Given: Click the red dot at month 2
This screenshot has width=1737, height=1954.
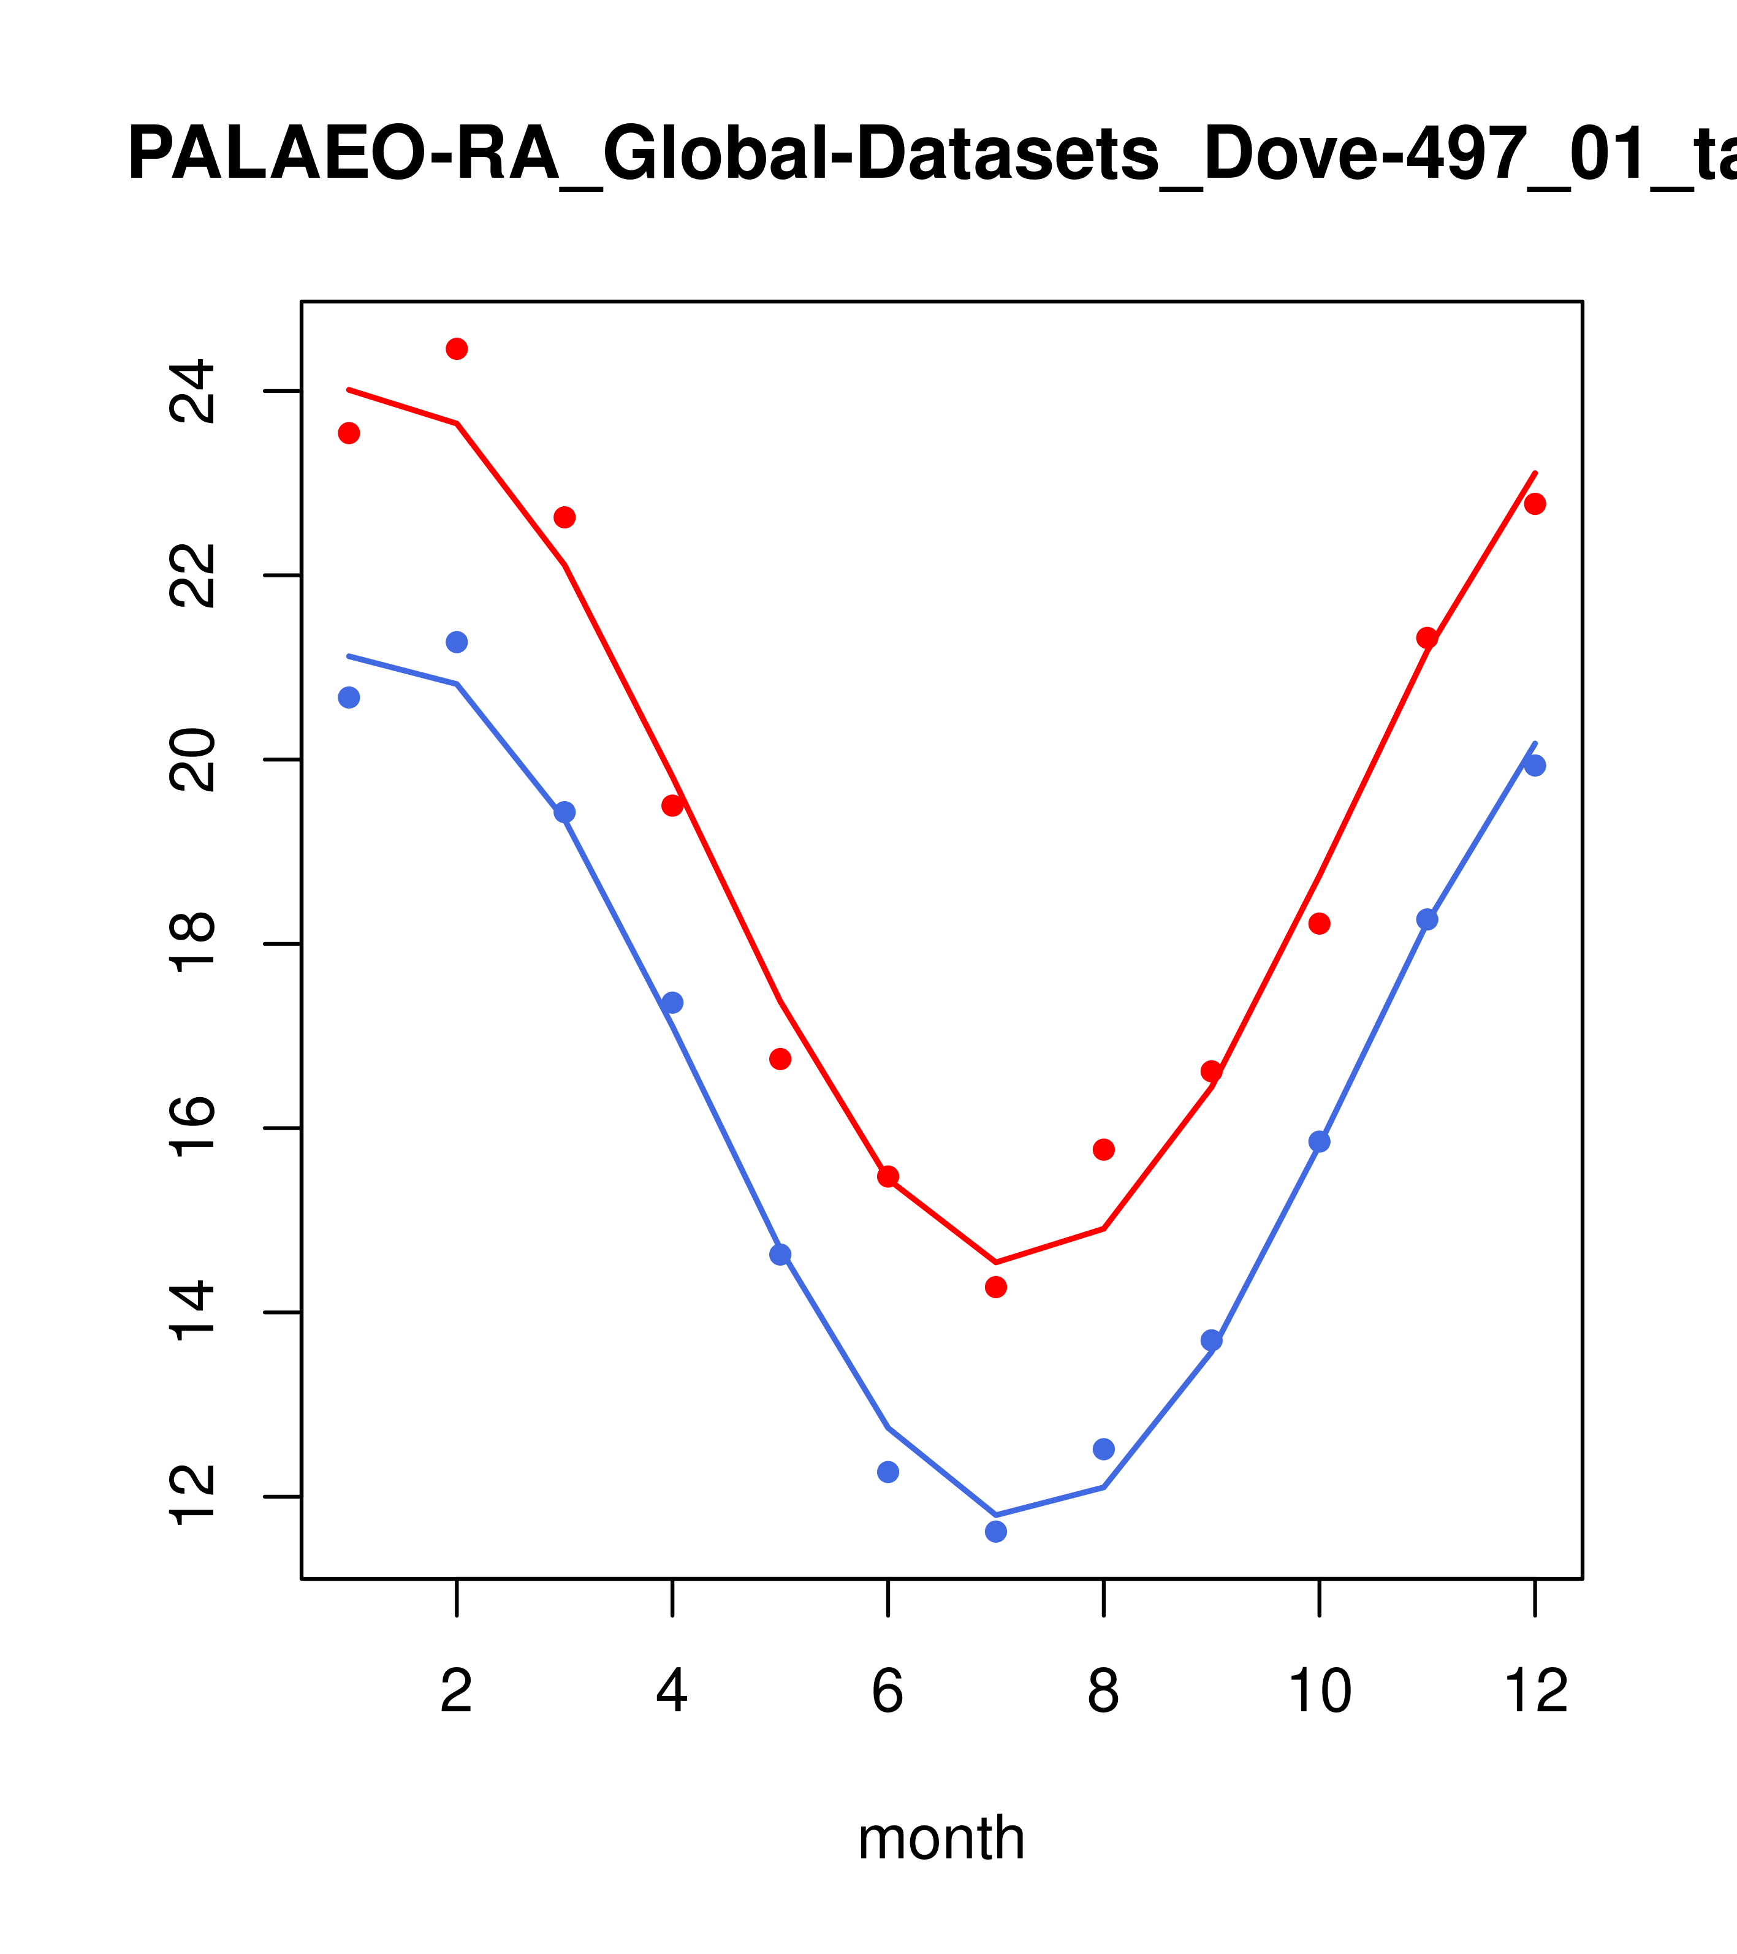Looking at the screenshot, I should [457, 349].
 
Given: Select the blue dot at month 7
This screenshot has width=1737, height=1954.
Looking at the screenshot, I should [996, 1532].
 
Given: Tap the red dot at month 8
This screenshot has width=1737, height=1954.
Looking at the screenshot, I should [1104, 1149].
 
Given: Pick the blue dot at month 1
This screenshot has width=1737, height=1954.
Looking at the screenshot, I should [349, 698].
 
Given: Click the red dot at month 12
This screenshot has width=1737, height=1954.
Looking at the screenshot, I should [1535, 504].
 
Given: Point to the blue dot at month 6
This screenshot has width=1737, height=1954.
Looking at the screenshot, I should [888, 1471].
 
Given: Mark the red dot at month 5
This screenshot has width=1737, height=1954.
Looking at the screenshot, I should [781, 1059].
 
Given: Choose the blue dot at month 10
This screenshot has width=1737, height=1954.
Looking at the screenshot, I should [1319, 1141].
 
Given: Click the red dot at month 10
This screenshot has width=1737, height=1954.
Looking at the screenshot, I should [1319, 924].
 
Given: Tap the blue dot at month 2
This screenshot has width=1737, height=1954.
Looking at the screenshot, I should [457, 642].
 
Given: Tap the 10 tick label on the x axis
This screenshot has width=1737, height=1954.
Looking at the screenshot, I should [1319, 1691].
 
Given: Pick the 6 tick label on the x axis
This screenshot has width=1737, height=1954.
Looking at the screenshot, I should [888, 1691].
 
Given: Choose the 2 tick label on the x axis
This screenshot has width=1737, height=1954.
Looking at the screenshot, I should [457, 1691].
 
